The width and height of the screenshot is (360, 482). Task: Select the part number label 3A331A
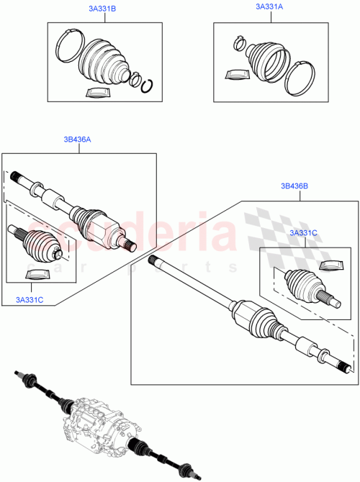point(269,6)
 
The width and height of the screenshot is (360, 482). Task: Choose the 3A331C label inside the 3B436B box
point(302,233)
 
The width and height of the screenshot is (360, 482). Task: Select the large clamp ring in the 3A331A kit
point(302,77)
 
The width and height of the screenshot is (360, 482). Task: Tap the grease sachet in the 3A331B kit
point(96,92)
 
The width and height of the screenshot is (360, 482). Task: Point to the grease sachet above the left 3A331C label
point(36,273)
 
